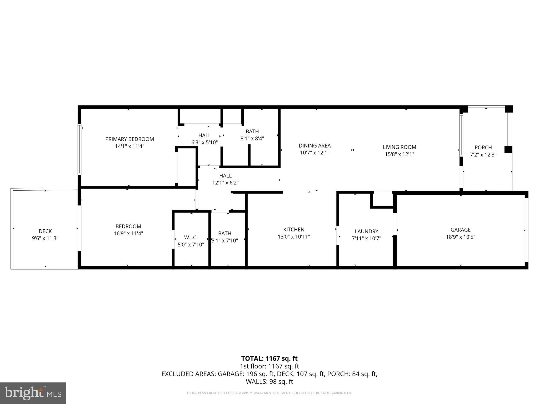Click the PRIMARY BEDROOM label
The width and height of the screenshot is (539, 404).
point(129,139)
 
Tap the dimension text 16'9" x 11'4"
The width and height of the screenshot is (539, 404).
point(128,233)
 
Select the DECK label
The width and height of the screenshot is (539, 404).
point(45,231)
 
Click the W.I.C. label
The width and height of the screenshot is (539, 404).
point(191,238)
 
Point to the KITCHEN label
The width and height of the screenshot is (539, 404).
point(294,229)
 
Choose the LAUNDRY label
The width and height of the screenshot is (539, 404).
point(366,231)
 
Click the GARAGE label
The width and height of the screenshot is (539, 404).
point(460,230)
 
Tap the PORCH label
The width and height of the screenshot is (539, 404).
point(483,148)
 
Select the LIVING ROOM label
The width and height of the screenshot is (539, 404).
point(399,147)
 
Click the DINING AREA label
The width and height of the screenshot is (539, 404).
point(315,145)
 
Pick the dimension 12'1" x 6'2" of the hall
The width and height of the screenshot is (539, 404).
point(225,183)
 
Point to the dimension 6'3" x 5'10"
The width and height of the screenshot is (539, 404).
point(204,142)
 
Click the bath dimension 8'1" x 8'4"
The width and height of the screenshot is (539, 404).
point(252,138)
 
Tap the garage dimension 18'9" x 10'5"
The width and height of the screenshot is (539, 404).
point(460,237)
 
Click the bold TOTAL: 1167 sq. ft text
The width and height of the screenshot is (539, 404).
point(269,358)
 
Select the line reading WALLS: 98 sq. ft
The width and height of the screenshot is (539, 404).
point(269,381)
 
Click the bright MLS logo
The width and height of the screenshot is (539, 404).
point(33,393)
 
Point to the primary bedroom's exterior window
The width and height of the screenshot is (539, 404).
point(79,149)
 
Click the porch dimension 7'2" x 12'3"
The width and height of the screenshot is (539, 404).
point(483,155)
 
